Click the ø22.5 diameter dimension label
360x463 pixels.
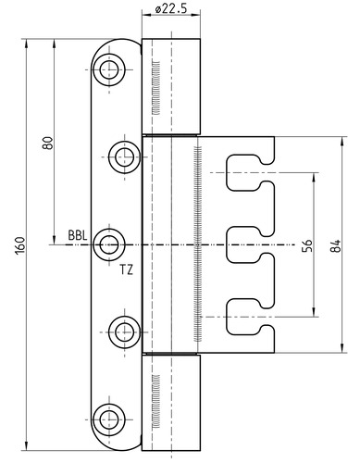coord(171,8)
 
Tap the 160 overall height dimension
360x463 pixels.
coord(20,245)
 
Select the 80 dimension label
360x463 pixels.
coord(48,143)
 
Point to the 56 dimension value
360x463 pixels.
coord(307,245)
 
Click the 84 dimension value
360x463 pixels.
coord(336,245)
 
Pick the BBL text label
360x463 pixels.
coord(78,235)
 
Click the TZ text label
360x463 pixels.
coord(127,270)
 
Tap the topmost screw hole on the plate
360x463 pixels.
coord(109,69)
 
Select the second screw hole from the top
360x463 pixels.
coord(125,157)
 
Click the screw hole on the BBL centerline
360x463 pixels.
coord(109,244)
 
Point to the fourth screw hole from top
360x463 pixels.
coord(125,332)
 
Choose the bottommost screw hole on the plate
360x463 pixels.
coord(109,419)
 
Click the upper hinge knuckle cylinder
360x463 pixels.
coord(171,87)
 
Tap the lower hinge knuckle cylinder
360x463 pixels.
coord(171,403)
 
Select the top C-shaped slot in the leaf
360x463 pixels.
coord(229,172)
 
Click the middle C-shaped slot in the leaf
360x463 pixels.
coord(229,244)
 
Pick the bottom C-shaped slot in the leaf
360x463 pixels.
coord(229,317)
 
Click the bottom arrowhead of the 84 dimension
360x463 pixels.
coord(341,348)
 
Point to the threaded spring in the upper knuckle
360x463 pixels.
coord(156,88)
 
